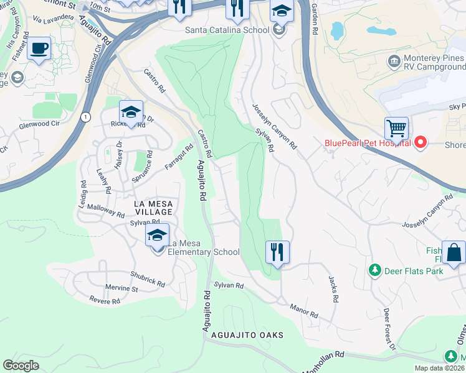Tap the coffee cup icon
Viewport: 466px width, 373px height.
[x=39, y=48]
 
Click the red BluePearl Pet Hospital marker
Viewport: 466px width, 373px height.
[x=420, y=143]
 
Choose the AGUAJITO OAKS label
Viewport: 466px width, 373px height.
[x=247, y=335]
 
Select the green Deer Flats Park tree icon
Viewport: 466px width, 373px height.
[x=374, y=270]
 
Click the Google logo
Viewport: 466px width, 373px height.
[x=21, y=365]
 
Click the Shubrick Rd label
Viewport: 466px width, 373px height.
[x=148, y=279]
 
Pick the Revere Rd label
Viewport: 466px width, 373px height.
[x=104, y=302]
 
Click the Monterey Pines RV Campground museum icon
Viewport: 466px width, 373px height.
[x=393, y=60]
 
